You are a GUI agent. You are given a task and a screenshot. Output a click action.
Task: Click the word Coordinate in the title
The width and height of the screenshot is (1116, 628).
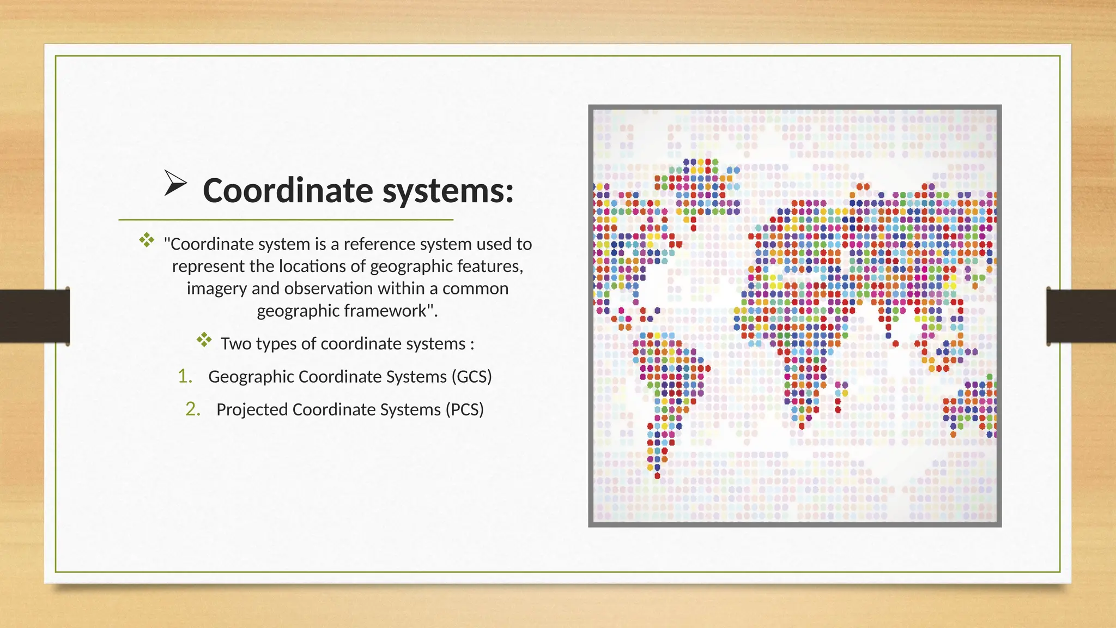pos(288,191)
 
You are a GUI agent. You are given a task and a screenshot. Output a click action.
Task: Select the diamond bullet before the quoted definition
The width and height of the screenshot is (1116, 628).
pos(146,240)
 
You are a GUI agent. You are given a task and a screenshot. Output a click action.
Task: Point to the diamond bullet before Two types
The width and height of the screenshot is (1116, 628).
pos(204,340)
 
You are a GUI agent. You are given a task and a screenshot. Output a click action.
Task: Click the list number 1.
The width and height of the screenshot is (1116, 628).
pos(185,376)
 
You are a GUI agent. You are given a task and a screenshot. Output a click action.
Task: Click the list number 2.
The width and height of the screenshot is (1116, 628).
pos(192,409)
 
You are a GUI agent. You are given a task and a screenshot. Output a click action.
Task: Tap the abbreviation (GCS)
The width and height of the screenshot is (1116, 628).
pos(471,377)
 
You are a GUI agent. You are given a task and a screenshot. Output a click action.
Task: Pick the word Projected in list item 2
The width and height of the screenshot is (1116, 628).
pos(252,409)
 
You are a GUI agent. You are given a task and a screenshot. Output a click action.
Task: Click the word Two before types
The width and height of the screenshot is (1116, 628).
pos(236,344)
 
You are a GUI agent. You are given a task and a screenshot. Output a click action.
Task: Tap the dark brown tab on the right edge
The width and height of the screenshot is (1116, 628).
pos(1081,316)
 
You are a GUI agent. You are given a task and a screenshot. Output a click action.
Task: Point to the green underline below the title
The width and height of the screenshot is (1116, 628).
pos(286,220)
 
